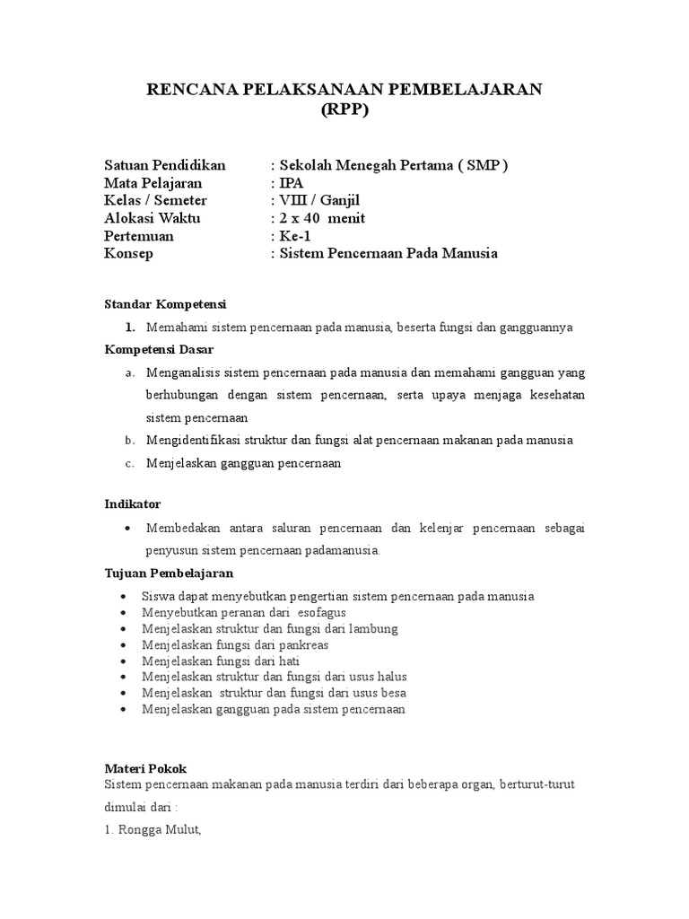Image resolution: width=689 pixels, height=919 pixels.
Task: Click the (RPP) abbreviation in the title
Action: coord(344,111)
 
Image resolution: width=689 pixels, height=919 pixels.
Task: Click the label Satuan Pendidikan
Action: coord(165,165)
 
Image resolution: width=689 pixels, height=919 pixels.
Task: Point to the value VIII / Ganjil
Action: coord(320,200)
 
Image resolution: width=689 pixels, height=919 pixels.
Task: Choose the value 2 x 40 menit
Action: coord(323,218)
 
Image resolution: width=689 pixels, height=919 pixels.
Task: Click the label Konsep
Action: coord(129,254)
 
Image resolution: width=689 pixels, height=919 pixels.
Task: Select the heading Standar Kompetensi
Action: coord(166,304)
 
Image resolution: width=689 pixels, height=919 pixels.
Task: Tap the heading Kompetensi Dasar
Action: coord(161,349)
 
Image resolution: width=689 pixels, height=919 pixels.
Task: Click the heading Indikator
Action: coord(133,504)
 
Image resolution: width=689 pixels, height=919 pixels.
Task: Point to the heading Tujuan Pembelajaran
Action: coord(169,573)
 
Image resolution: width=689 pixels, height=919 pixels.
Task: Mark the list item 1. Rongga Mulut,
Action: coord(153,830)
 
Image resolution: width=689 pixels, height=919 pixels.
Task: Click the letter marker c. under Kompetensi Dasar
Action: coord(130,463)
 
